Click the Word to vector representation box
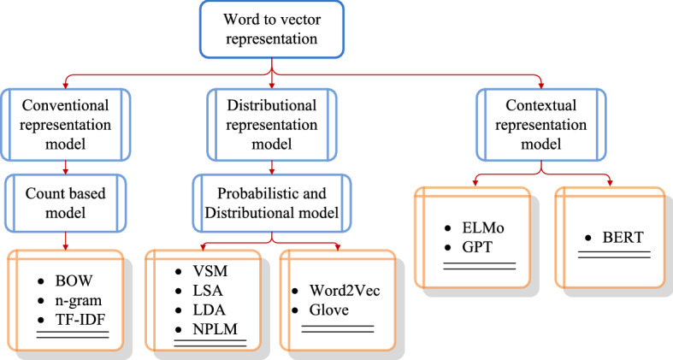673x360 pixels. [273, 30]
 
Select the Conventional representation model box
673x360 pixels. [66, 123]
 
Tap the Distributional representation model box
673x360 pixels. [272, 123]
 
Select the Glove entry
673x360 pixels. [328, 310]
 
